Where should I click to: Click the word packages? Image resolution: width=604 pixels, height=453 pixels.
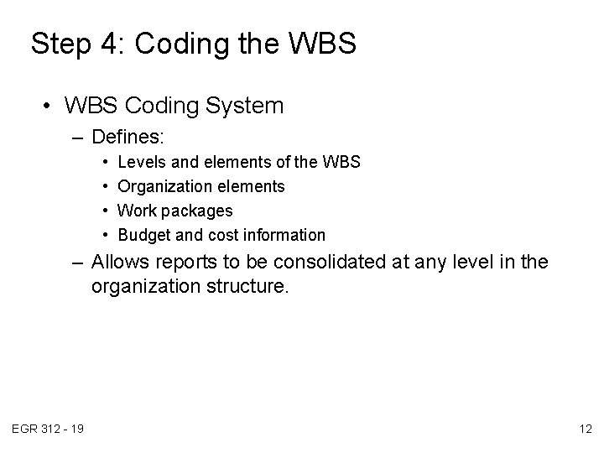coord(196,211)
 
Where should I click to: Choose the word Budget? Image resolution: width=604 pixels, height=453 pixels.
coord(144,235)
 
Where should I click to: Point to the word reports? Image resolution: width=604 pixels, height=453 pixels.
coord(186,263)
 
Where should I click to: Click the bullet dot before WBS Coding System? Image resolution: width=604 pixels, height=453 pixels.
coord(49,107)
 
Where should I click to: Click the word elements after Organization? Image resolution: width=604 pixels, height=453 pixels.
coord(254,185)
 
